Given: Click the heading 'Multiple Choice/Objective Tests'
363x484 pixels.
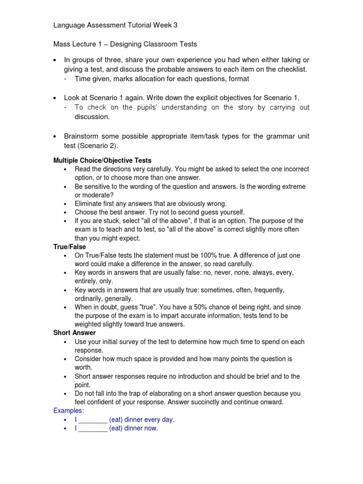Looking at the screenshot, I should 102,160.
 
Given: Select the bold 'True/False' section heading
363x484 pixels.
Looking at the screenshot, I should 69,246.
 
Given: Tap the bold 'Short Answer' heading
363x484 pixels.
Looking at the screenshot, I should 74,333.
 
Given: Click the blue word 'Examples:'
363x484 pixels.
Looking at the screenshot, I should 68,411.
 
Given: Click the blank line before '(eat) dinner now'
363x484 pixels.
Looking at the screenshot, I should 92,428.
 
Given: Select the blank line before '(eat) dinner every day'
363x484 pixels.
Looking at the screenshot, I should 92,420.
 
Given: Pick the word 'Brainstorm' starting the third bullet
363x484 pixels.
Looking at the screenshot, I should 83,136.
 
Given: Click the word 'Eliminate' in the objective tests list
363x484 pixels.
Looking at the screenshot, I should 88,203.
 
